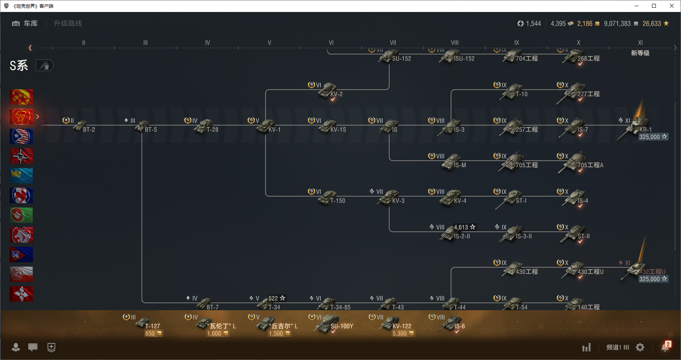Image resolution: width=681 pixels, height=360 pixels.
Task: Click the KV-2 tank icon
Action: [329, 90]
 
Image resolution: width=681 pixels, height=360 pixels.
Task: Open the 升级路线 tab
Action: [68, 24]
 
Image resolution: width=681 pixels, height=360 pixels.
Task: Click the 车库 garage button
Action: [25, 24]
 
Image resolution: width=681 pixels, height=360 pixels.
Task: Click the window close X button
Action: [672, 6]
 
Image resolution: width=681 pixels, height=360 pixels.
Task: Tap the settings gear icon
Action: [640, 347]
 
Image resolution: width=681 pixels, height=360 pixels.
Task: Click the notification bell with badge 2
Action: [665, 347]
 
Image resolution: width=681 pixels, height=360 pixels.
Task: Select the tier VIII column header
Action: [455, 43]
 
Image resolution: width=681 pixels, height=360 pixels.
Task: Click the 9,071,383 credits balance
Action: [617, 24]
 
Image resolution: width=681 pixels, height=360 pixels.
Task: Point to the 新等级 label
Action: [640, 53]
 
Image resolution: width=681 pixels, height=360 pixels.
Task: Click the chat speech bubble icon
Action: [33, 347]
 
